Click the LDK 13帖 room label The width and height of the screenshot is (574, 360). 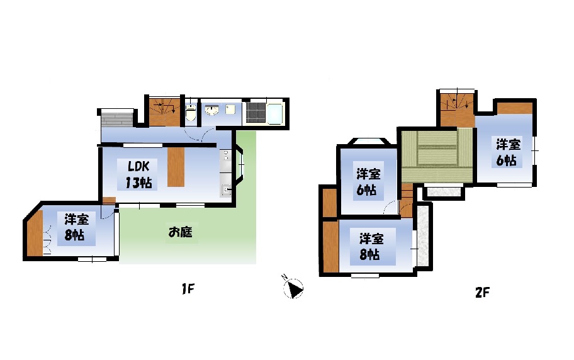[x=138, y=174]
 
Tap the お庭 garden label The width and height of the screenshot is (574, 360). [x=180, y=232]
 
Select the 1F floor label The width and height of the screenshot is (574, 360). [x=188, y=290]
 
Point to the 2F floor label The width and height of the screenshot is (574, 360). [x=482, y=292]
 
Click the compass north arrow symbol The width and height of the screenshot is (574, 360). [x=293, y=288]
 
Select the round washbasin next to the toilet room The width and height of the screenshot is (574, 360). [x=211, y=110]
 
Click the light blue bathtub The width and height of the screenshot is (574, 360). [x=275, y=113]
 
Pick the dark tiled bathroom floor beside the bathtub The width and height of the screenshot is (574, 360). [x=256, y=112]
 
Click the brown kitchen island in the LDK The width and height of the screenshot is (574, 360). [x=176, y=167]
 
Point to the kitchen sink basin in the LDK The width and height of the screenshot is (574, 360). [x=226, y=190]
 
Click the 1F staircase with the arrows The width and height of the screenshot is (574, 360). [x=164, y=111]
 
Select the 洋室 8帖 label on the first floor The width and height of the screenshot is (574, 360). [x=76, y=228]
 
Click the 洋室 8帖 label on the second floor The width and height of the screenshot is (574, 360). [x=371, y=247]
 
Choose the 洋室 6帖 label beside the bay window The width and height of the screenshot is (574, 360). [x=368, y=181]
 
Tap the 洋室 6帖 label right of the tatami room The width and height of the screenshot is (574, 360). [x=508, y=152]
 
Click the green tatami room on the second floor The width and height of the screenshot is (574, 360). [x=437, y=155]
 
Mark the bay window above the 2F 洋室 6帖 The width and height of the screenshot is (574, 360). [x=368, y=142]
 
